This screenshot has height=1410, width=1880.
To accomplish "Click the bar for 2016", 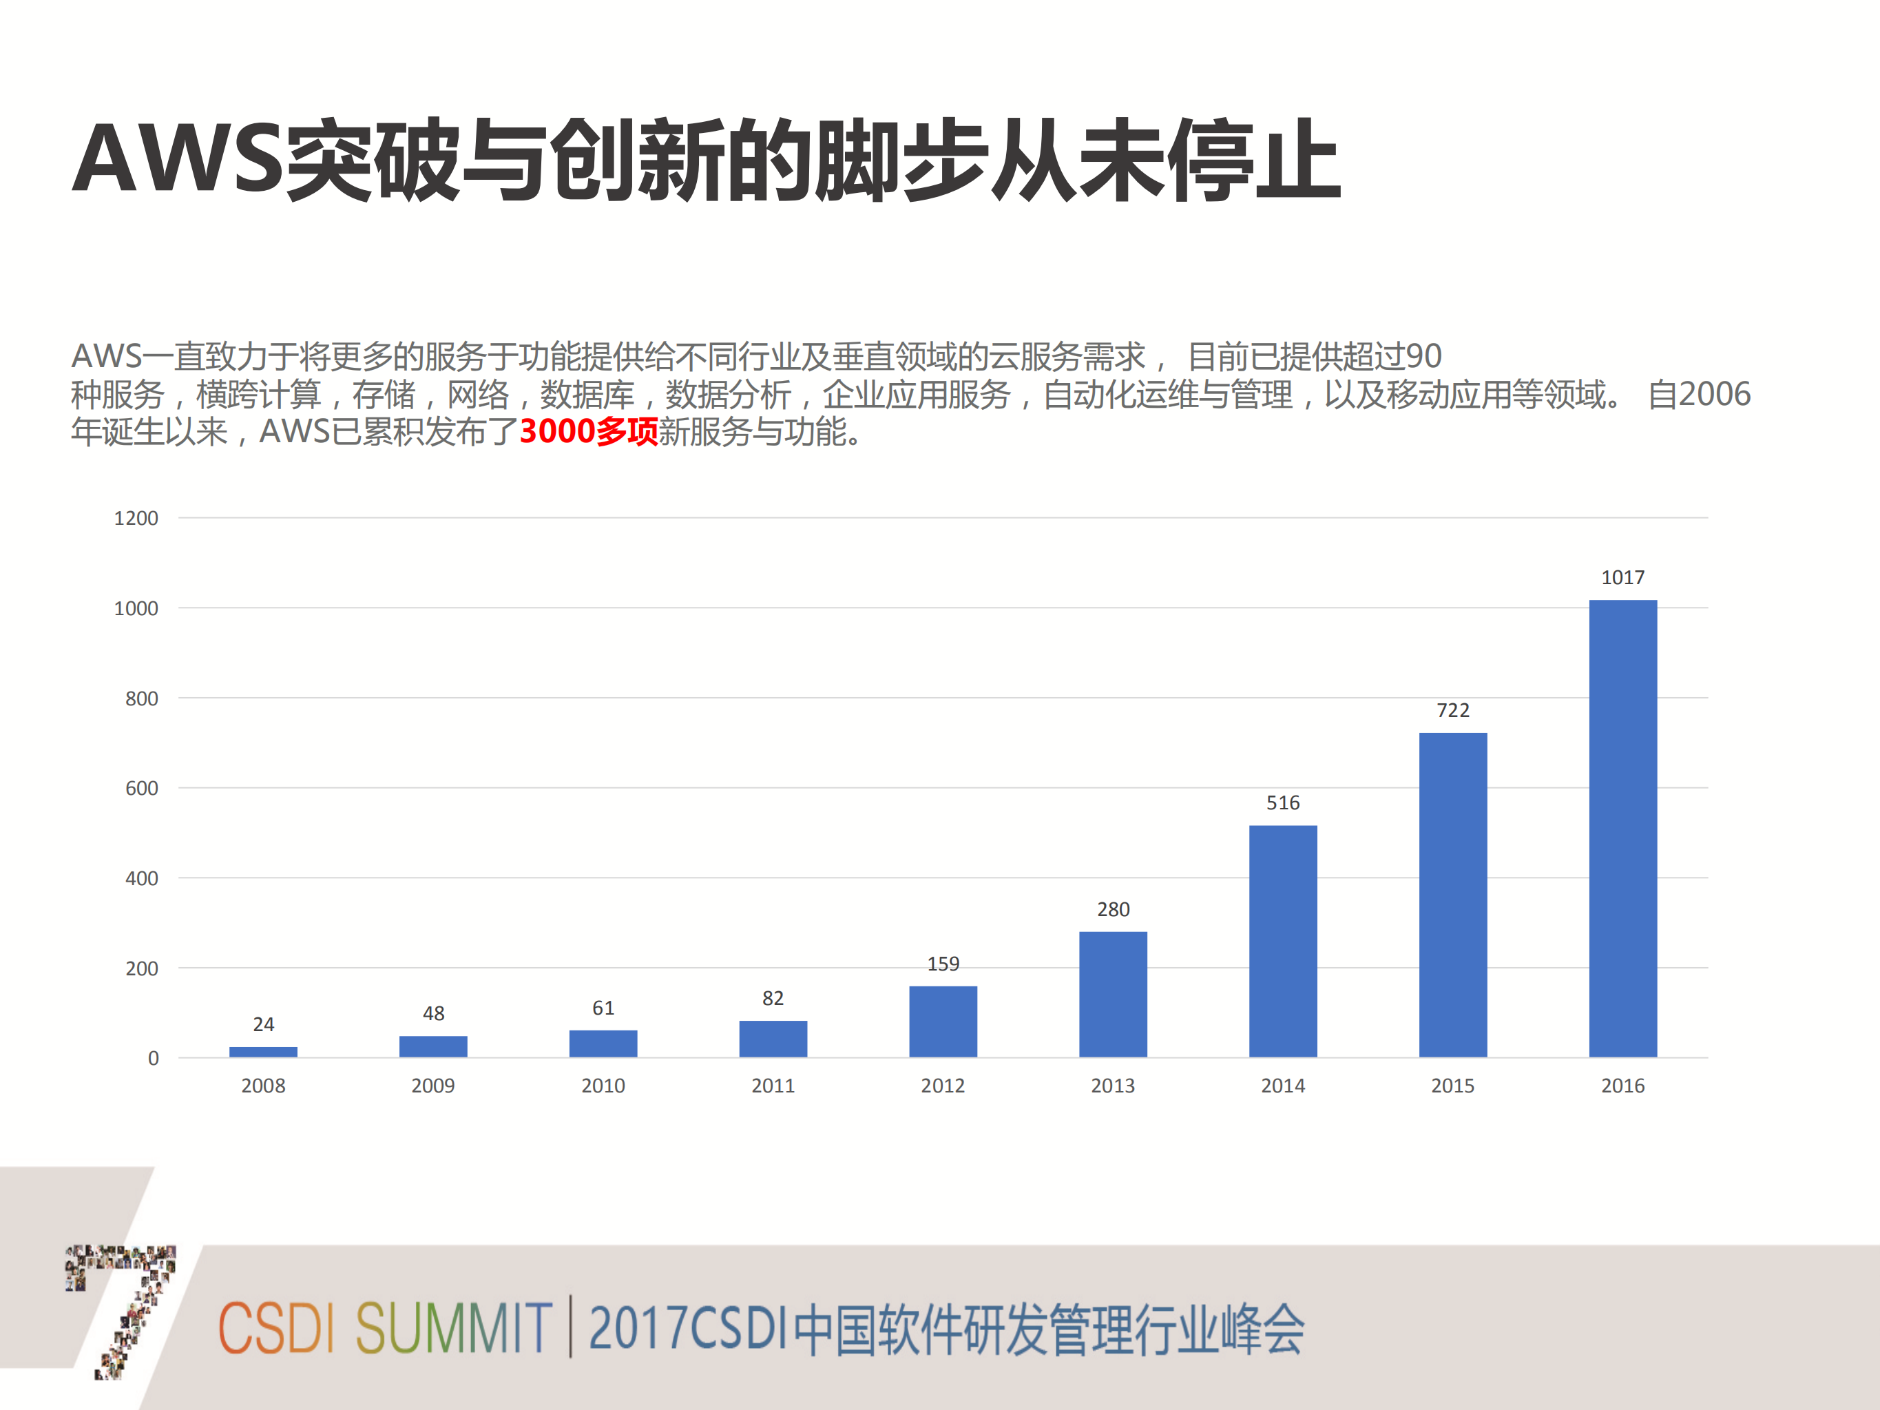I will tap(1622, 829).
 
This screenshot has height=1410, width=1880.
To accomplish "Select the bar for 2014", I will tap(1282, 941).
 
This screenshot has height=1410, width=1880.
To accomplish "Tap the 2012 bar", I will tap(943, 1022).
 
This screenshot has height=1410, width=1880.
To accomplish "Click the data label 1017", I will tap(1622, 578).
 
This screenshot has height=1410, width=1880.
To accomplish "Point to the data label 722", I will tap(1452, 711).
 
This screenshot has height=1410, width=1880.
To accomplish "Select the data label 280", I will tap(1113, 909).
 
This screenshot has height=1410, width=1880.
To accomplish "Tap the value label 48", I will tap(433, 1013).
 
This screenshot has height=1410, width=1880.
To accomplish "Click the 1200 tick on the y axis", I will tap(136, 519).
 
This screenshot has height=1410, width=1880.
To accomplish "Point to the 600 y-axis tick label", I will tap(141, 789).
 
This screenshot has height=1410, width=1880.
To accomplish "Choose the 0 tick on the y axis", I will tap(153, 1058).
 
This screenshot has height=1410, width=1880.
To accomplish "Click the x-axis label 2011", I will tap(773, 1086).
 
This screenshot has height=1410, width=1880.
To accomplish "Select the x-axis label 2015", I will tap(1452, 1086).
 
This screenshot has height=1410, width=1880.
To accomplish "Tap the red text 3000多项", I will tap(588, 432).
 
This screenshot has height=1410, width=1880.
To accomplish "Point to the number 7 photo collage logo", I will tap(123, 1309).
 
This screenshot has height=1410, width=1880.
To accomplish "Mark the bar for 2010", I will tap(603, 1044).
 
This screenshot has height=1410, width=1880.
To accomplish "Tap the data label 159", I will tap(943, 964).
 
